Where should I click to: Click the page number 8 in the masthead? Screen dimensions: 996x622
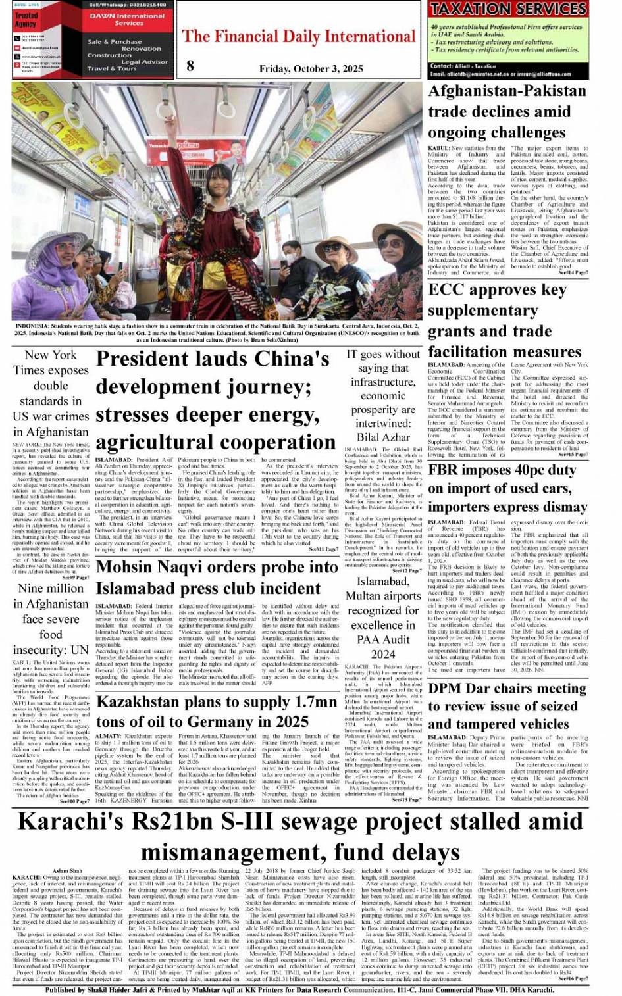[190, 64]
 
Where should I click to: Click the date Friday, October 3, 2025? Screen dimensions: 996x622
[311, 68]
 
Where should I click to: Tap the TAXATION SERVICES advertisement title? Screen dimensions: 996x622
[507, 9]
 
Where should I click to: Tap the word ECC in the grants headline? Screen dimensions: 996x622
[448, 290]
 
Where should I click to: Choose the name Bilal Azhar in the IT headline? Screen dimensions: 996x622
[383, 437]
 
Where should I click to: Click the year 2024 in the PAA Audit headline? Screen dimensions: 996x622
[382, 654]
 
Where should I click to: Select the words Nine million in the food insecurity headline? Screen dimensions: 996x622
[51, 589]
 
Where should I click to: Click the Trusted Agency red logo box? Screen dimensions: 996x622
[26, 19]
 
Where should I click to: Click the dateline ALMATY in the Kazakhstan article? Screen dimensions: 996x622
[108, 736]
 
